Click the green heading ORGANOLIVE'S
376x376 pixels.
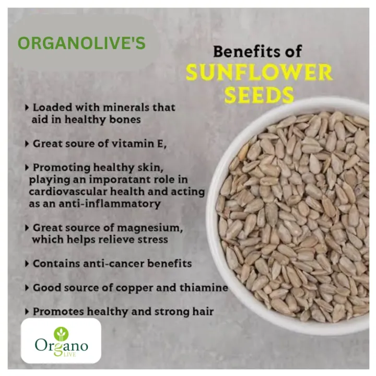(x=81, y=43)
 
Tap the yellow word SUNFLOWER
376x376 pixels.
(x=259, y=73)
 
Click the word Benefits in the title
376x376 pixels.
(x=238, y=51)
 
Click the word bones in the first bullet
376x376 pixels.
(x=126, y=119)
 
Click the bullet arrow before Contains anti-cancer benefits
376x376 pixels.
(x=27, y=264)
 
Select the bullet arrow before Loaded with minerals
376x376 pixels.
(x=27, y=108)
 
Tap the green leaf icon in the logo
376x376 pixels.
(x=62, y=333)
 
